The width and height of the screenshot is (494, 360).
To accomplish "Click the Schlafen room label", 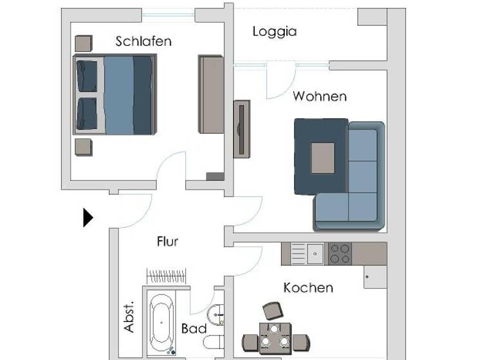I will coord(143,41).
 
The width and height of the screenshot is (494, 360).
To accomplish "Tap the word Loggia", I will coord(275,31).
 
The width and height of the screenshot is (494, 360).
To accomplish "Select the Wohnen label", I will coord(320,96).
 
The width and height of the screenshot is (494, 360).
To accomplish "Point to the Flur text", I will coord(167,242).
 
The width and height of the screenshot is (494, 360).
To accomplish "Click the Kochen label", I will coord(308,287).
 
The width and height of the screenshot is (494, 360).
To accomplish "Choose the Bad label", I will coord(194,329).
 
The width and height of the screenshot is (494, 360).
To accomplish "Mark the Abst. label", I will coord(129,316).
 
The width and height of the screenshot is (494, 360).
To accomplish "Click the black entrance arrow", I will coord(87,217).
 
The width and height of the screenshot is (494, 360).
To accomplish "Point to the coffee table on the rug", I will coord(323,157).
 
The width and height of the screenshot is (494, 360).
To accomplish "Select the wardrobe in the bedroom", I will coord(211,94).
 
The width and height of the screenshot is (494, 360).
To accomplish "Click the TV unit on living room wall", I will coord(242,129).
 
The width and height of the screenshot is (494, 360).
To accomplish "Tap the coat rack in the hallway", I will coord(167,276).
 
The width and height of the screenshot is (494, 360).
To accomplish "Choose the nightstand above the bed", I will coord(84,44).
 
